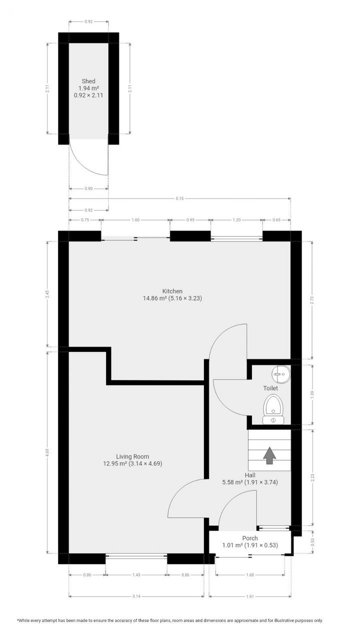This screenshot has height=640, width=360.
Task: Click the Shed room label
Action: point(88,81)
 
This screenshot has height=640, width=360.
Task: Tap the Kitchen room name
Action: point(172,291)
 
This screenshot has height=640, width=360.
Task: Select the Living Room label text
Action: point(132,456)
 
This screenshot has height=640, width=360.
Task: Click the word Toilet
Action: point(270,388)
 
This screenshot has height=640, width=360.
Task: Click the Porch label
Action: point(250,538)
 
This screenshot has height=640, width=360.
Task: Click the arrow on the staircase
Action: point(269,455)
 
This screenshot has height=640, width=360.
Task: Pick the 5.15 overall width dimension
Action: point(180,198)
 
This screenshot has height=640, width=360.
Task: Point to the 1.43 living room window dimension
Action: point(136,575)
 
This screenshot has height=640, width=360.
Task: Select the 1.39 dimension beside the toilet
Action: point(312,394)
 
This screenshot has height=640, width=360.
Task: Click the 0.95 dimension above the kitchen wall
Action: point(189,219)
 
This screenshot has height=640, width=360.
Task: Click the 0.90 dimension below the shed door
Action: point(88,188)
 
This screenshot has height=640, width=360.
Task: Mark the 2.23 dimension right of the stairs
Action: point(312,477)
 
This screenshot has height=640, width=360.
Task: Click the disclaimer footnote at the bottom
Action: point(170,620)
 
